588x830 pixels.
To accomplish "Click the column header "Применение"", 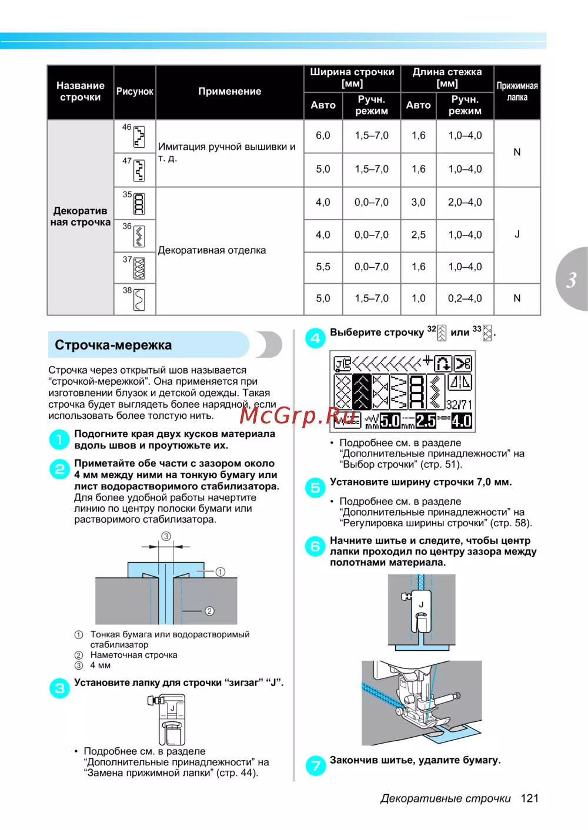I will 229,92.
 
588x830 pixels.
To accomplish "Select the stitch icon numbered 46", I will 139,137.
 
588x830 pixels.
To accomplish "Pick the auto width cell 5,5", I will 323,267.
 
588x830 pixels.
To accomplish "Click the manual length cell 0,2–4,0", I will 465,298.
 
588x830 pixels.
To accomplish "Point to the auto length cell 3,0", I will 418,202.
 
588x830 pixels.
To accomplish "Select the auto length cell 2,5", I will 418,235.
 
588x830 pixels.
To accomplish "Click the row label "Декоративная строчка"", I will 81,216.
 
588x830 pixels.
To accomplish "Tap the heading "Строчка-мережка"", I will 113,345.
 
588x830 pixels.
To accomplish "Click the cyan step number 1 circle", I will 59,439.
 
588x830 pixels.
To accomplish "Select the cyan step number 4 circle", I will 315,338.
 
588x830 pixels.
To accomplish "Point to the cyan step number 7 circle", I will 316,765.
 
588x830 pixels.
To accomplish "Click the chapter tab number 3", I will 571,280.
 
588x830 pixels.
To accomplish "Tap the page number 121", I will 529,798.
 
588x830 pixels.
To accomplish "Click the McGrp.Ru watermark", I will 298,415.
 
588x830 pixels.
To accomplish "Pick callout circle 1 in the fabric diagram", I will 220,572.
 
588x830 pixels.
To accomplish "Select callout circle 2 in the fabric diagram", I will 209,611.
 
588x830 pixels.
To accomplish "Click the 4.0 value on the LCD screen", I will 462,421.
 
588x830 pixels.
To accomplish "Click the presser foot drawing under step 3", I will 169,720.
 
